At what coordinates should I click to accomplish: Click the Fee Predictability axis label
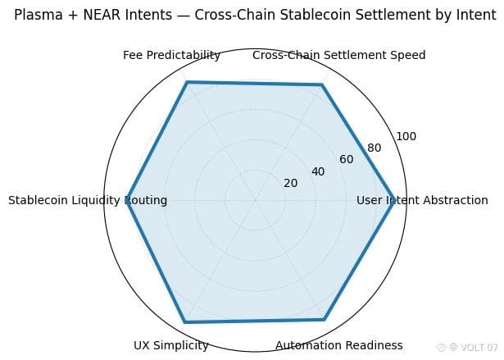tap(171, 56)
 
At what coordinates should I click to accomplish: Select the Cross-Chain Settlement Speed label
tap(339, 56)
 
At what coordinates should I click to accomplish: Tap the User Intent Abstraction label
tap(422, 200)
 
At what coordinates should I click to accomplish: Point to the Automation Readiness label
tap(339, 345)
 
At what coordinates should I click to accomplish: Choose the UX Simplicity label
tap(171, 345)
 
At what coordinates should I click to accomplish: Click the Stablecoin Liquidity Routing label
tap(88, 200)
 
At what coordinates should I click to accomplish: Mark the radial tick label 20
tap(291, 183)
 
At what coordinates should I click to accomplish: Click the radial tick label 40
tap(319, 171)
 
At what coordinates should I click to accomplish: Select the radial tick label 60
tap(347, 159)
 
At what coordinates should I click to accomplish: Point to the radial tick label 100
tap(405, 136)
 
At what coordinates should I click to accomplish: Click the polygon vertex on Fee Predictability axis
tap(187, 82)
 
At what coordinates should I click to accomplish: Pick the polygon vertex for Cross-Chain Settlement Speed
tap(322, 84)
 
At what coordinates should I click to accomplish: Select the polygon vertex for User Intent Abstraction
tap(393, 200)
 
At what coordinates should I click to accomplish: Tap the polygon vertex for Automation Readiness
tap(325, 320)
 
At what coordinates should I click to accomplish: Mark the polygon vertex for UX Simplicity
tap(185, 321)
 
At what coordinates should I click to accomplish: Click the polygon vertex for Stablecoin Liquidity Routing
tap(127, 200)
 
